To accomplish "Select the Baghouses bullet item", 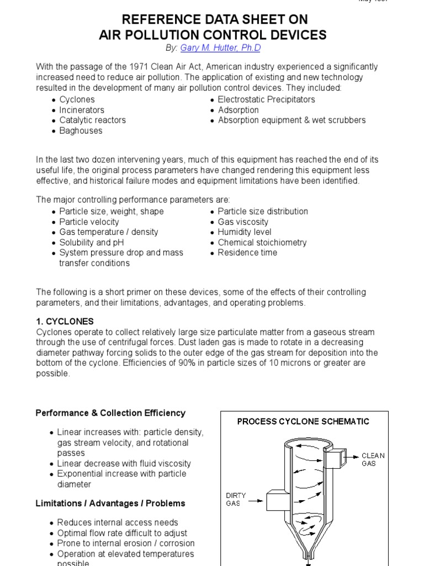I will point(81,131).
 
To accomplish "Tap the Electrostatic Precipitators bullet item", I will point(266,99).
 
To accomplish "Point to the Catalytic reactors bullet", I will point(92,120).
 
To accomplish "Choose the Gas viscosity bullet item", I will point(243,222).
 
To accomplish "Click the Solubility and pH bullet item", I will point(91,243).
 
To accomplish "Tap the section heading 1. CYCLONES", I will point(65,321).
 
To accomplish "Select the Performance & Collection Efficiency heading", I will point(110,413).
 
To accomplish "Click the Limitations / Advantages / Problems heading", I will point(110,504).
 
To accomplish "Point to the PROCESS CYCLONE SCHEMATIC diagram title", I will point(303,421).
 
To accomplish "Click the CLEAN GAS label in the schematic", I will point(373,460).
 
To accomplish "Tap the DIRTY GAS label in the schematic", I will point(236,500).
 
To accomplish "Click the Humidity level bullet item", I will point(245,232).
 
